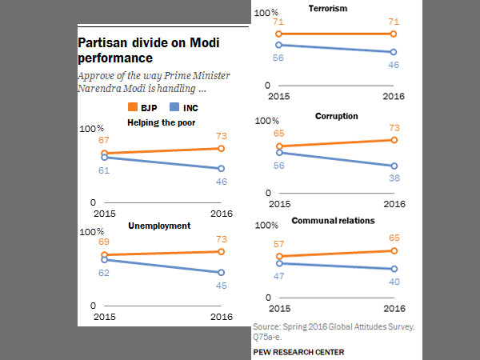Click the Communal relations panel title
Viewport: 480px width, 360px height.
(x=333, y=220)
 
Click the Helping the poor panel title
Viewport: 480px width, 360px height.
(x=161, y=122)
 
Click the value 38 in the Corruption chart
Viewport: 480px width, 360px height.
(x=394, y=179)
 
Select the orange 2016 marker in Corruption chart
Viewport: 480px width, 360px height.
(x=394, y=140)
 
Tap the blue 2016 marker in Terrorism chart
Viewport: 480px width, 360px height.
(x=394, y=53)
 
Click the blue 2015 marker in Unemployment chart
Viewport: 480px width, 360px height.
(x=104, y=260)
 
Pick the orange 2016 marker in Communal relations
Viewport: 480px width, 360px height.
(x=394, y=250)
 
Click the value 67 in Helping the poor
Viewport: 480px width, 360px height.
(x=104, y=141)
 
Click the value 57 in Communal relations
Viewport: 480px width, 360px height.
(x=279, y=244)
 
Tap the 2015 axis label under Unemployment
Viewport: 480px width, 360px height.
(x=105, y=317)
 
